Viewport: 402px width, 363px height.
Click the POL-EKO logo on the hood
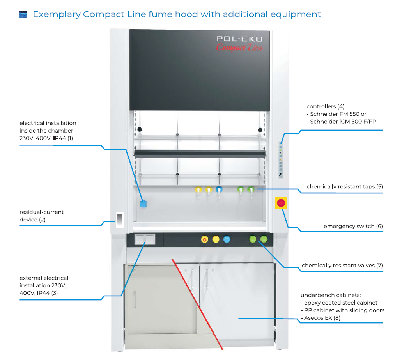coord(239,39)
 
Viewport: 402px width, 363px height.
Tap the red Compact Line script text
coord(239,48)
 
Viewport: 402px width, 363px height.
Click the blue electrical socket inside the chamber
coord(143,203)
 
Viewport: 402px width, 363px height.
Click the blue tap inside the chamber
coord(219,190)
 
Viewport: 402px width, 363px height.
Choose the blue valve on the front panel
coord(227,239)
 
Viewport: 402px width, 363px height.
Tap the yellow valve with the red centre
coord(204,239)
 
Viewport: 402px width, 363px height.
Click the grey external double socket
coord(145,239)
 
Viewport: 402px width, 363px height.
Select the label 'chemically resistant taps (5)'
coord(344,186)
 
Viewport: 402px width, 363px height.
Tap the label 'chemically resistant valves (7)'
coord(342,266)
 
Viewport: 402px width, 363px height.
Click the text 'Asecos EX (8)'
coord(322,318)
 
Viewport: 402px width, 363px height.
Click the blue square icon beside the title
coord(23,15)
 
